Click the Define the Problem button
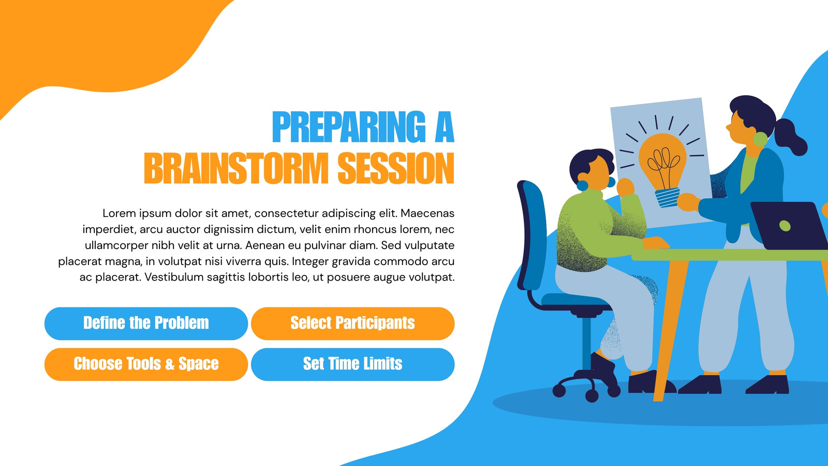[x=146, y=324]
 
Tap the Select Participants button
[x=352, y=324]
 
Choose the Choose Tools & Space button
[x=146, y=365]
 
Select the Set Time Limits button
[x=352, y=365]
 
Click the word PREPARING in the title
[x=349, y=127]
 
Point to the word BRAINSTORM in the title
[x=236, y=168]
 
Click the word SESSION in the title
[x=396, y=168]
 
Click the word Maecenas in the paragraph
[x=427, y=213]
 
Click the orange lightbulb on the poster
[x=663, y=163]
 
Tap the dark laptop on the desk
[x=789, y=226]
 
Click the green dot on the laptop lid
[x=785, y=226]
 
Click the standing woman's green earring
[x=760, y=139]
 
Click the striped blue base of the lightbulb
[x=668, y=198]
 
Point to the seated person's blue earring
[x=582, y=186]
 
